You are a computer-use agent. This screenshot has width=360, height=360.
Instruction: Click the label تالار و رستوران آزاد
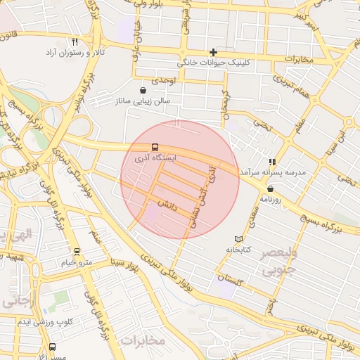tap(76, 53)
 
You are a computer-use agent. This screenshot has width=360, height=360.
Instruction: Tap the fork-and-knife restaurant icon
tap(75, 41)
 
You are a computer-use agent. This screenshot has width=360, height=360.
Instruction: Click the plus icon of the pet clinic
tap(214, 52)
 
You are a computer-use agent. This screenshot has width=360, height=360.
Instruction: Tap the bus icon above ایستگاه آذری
tap(155, 147)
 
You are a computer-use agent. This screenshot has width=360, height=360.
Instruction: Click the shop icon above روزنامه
tap(271, 188)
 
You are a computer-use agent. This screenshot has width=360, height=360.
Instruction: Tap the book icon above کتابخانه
tap(238, 239)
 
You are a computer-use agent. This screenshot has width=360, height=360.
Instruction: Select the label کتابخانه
tap(238, 250)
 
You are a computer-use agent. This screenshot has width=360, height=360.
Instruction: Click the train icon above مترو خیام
tap(77, 252)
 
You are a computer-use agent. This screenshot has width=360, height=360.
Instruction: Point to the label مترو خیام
tap(77, 262)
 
